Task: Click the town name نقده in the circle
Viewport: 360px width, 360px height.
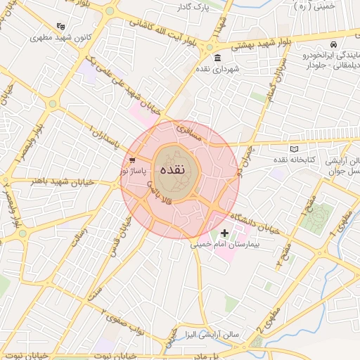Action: tap(173, 170)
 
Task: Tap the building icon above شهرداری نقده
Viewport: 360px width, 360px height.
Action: tap(217, 58)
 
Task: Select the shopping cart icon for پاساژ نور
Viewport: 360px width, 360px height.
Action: tap(132, 160)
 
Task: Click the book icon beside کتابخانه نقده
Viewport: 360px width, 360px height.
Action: tap(294, 148)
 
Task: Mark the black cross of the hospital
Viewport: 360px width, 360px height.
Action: tap(224, 233)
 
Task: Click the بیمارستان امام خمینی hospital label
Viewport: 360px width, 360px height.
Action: tap(224, 245)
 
